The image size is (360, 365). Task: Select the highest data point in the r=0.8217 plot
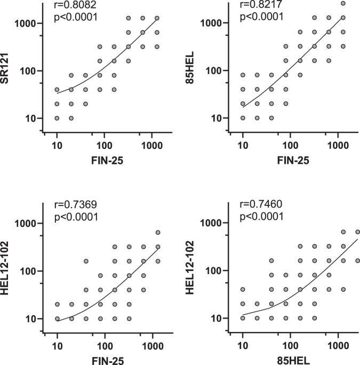[343, 3]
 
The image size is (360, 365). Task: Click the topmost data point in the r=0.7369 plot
[157, 233]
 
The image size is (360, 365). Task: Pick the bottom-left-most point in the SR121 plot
[57, 118]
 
